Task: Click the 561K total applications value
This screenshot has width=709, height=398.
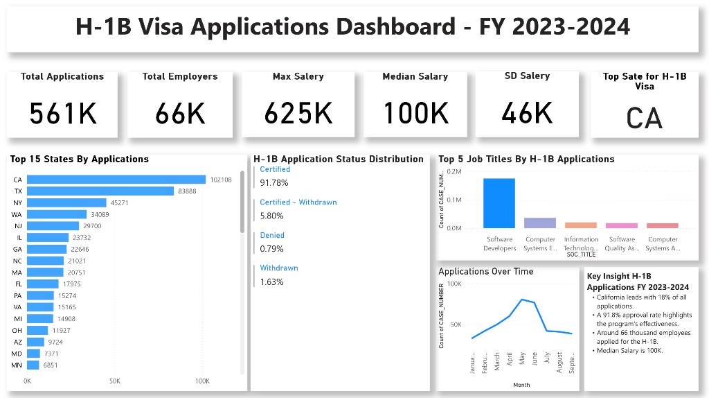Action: click(x=62, y=113)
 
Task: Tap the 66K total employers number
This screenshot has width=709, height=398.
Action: click(x=180, y=113)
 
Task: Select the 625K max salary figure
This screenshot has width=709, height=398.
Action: click(x=298, y=113)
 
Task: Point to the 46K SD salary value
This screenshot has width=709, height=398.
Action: click(x=527, y=112)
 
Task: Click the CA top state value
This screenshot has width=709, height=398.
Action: click(x=644, y=118)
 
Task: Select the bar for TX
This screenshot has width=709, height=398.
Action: click(x=100, y=191)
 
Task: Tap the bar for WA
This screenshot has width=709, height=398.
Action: click(x=57, y=214)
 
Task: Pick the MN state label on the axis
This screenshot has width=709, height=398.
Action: click(x=17, y=365)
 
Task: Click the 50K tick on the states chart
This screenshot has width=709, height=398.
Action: click(x=115, y=381)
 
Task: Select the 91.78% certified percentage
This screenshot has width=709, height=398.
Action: click(x=274, y=183)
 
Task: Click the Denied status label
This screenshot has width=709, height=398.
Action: click(x=272, y=235)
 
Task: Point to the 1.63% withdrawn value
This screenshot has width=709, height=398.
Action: click(x=271, y=282)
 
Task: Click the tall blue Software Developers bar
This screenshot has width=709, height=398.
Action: click(x=499, y=203)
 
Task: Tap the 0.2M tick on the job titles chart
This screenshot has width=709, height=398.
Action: click(x=454, y=171)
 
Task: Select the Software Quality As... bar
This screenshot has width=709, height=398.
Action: click(x=621, y=225)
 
